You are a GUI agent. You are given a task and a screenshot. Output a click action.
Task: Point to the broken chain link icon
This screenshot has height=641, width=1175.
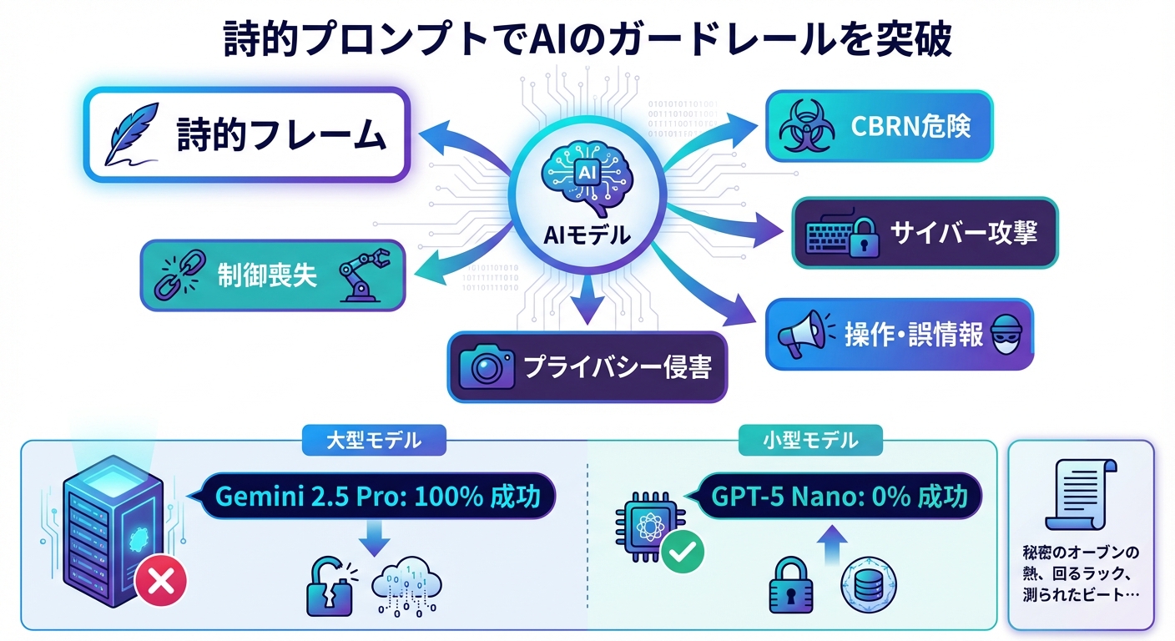(174, 276)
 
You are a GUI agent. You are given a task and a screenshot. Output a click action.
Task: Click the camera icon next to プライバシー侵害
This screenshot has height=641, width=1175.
(487, 366)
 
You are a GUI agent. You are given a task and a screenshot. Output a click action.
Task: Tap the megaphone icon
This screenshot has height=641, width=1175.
(800, 334)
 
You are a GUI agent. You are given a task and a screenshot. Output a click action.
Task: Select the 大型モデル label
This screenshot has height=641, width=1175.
(374, 440)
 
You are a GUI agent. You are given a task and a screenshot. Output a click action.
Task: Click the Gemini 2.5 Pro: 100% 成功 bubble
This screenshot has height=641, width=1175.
(374, 497)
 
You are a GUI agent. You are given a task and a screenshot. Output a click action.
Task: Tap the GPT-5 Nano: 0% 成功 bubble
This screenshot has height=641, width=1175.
(840, 497)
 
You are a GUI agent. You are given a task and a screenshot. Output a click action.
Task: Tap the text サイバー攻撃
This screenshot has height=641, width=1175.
(964, 232)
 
